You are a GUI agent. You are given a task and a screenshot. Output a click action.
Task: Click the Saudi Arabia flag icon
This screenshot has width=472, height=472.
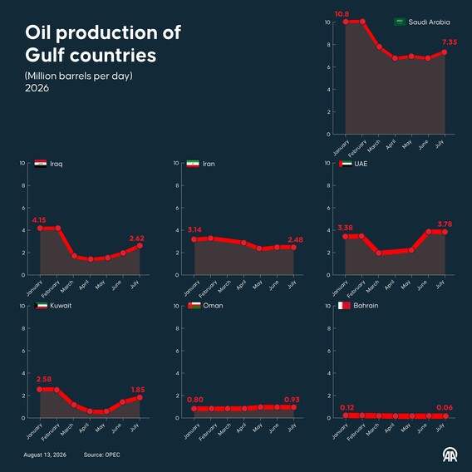coord(400,22)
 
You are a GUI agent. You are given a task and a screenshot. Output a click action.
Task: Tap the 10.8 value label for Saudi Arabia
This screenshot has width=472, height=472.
coord(342,14)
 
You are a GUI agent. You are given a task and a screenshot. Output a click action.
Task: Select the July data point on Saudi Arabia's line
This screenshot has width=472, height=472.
coord(444,52)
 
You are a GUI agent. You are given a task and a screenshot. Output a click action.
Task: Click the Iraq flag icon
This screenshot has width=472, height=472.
coord(41,164)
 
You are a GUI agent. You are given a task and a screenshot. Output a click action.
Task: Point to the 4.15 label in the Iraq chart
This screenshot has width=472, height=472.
coord(39,220)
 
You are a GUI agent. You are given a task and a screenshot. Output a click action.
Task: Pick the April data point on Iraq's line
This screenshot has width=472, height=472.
coord(91,259)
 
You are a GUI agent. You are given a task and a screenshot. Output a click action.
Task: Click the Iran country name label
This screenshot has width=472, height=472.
coord(209,164)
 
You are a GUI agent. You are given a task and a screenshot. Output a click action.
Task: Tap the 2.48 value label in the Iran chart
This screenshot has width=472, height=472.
coord(295,240)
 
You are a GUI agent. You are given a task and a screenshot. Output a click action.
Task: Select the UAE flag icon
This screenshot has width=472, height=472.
coord(345,164)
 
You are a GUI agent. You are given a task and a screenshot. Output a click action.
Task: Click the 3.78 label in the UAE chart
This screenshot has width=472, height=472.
coord(445,224)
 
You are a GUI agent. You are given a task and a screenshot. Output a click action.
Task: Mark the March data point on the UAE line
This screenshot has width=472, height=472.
coord(379,253)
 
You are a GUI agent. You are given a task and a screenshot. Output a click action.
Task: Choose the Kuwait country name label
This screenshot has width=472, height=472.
coord(61,306)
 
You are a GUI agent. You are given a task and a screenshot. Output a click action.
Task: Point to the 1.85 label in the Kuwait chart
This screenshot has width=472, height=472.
coord(138,390)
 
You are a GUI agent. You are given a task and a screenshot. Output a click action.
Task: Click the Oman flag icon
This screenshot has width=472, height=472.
coord(194,306)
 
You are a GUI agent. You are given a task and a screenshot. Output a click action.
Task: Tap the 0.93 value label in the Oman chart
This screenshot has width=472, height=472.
coord(292,400)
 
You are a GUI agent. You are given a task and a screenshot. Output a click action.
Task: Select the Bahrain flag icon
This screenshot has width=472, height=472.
coord(344,306)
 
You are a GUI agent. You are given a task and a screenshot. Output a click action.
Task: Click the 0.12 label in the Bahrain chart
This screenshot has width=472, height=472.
coord(347,407)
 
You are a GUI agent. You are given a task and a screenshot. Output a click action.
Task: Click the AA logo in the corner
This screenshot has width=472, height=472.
coord(450,455)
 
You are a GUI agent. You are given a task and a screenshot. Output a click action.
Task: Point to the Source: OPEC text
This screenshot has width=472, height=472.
coord(101,455)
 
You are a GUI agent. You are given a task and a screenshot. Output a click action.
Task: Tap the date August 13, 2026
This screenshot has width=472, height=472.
coord(45,455)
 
